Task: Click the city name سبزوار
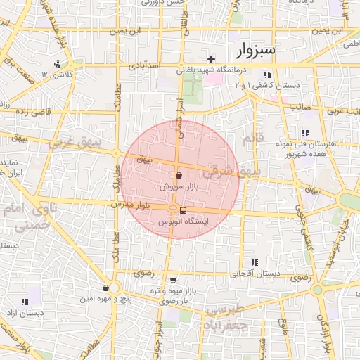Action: click(258, 50)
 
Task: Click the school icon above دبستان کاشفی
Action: click(266, 75)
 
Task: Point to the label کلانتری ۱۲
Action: click(57, 75)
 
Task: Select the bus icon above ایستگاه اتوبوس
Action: click(184, 210)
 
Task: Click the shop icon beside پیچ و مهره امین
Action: click(105, 288)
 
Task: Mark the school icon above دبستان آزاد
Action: click(26, 301)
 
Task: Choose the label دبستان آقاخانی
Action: click(256, 273)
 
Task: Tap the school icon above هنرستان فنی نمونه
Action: click(304, 132)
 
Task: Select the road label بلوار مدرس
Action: click(131, 205)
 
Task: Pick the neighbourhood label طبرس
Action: click(229, 310)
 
